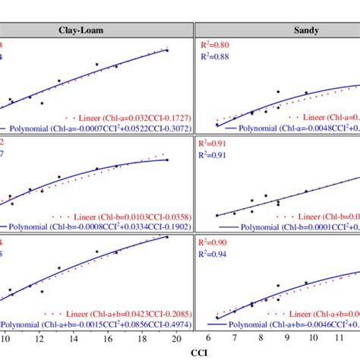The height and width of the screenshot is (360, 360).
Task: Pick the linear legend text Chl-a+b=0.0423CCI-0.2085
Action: [x=134, y=312]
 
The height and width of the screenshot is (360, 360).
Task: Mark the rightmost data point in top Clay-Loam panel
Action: [x=166, y=50]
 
